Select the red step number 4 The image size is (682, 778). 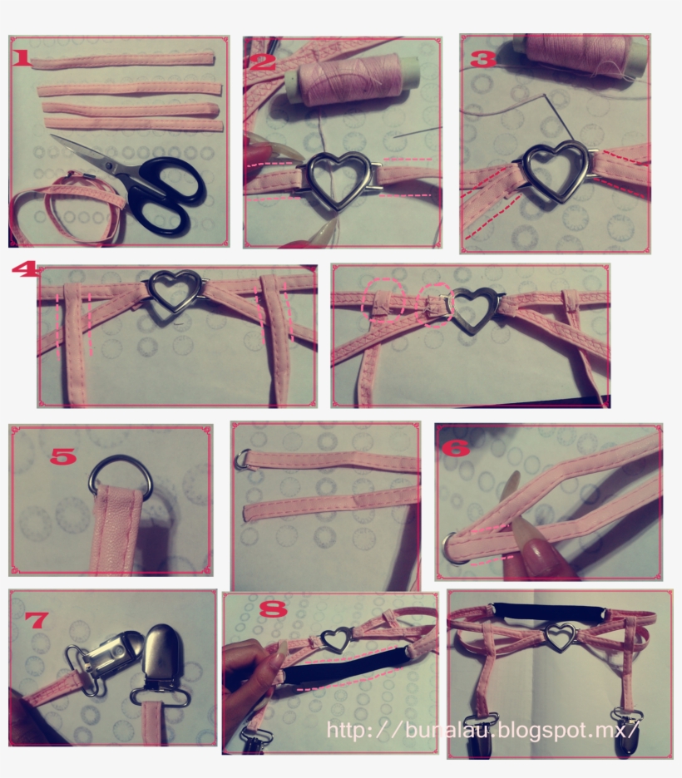pyautogui.click(x=23, y=271)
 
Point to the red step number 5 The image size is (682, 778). pyautogui.click(x=63, y=456)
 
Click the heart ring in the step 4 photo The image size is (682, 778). pyautogui.click(x=175, y=291)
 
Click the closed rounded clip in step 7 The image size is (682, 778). pyautogui.click(x=161, y=657)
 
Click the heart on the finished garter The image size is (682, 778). pyautogui.click(x=561, y=638)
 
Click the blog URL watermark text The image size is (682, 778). pyautogui.click(x=482, y=730)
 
